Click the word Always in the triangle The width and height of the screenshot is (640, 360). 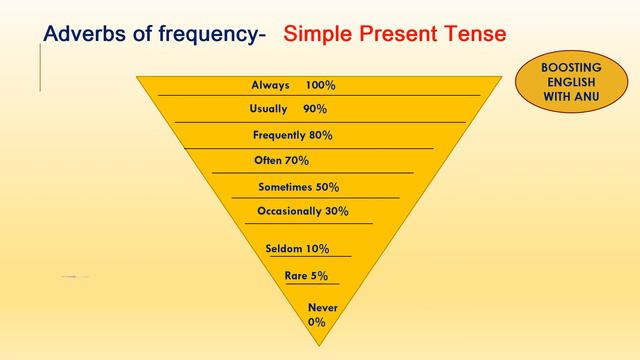(x=270, y=85)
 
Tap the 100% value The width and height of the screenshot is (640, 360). (x=322, y=85)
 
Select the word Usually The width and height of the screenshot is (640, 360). (x=268, y=108)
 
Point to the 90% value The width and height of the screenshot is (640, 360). (x=315, y=109)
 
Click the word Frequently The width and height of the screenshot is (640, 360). (x=279, y=135)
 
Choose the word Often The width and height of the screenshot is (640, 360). (x=268, y=160)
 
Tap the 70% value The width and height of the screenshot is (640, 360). (x=297, y=160)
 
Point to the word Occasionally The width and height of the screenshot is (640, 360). (x=289, y=211)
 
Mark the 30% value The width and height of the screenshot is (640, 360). (x=336, y=211)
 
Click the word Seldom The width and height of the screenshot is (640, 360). (x=284, y=249)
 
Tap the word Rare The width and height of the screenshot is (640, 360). (x=296, y=275)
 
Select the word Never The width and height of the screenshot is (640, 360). (x=323, y=307)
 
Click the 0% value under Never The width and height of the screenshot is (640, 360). (x=317, y=322)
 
